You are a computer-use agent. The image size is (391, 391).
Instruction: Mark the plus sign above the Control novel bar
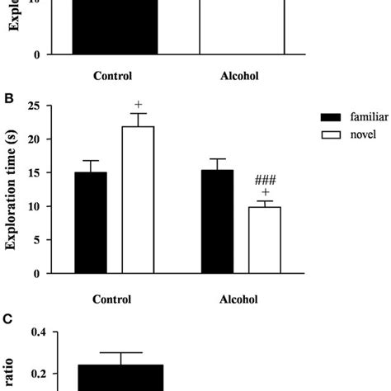(139, 104)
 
